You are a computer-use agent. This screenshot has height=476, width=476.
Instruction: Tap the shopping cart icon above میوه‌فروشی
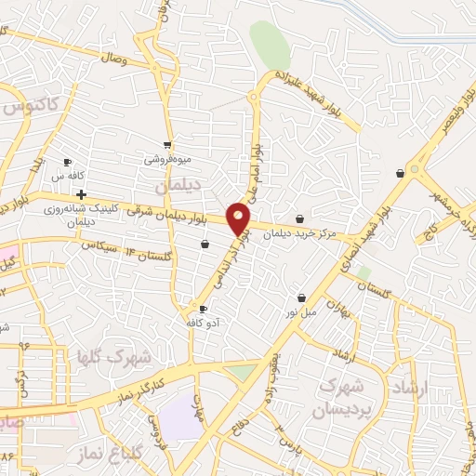point(167,145)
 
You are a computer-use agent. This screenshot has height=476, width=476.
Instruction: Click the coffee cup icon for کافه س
point(68,163)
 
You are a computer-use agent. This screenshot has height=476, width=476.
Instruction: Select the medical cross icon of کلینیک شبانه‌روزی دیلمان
point(83,195)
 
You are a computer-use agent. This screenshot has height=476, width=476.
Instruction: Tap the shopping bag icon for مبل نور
point(301,298)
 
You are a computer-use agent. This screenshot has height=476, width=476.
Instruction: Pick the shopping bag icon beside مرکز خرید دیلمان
point(298,218)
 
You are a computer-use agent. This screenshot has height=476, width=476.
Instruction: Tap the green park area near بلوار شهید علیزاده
point(269,45)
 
